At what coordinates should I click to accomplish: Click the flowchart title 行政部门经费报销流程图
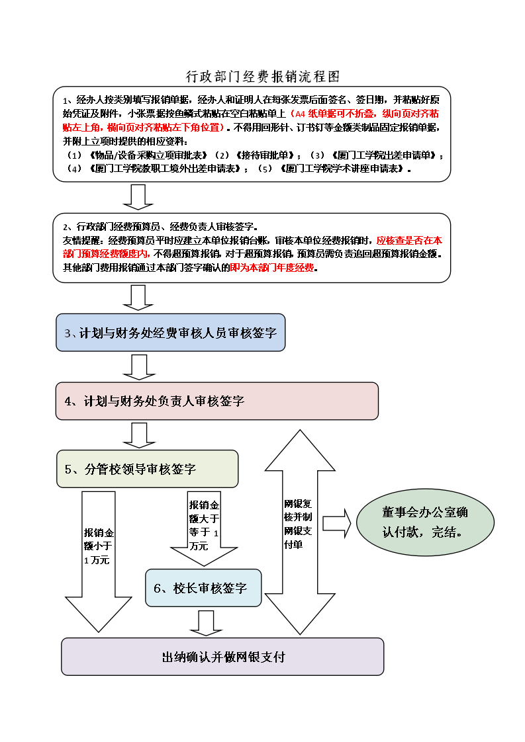coord(263,77)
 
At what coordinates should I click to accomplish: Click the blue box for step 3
coord(170,333)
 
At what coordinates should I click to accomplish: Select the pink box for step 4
coord(216,401)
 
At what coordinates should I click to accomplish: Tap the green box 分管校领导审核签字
coord(147,469)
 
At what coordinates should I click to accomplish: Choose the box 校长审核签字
coord(203,588)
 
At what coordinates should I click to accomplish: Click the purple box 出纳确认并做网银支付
coord(222,657)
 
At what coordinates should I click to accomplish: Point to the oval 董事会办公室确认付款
coord(425,522)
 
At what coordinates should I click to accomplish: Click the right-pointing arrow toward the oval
coord(338,523)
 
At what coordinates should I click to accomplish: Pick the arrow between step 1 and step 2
coord(138,196)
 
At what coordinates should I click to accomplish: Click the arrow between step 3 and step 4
coord(138,367)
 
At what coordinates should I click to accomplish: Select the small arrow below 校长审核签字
coord(206,622)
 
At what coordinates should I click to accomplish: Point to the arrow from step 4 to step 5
coord(138,434)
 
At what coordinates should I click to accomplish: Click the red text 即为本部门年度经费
coord(273,268)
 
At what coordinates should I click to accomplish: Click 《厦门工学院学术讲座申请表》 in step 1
coord(343,169)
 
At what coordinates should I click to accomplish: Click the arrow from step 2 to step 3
coord(138,297)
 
